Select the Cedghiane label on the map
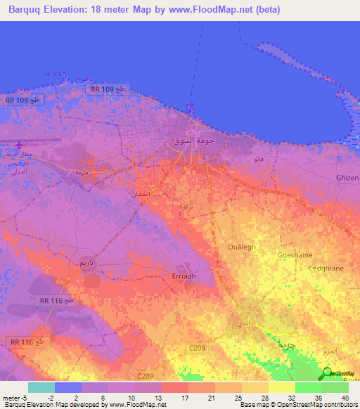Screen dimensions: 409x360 click(321, 267)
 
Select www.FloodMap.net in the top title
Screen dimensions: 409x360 click(212, 10)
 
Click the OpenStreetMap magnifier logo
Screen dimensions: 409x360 click(327, 372)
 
